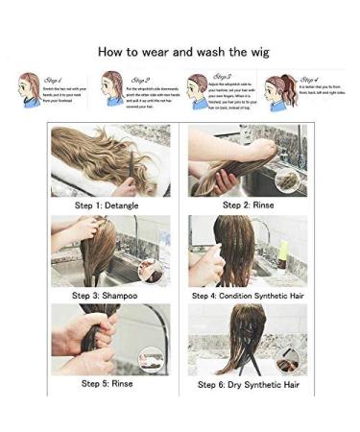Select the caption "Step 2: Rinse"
coord(247,204)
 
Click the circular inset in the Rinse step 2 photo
coord(286,179)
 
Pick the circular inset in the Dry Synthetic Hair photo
coord(288,359)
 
